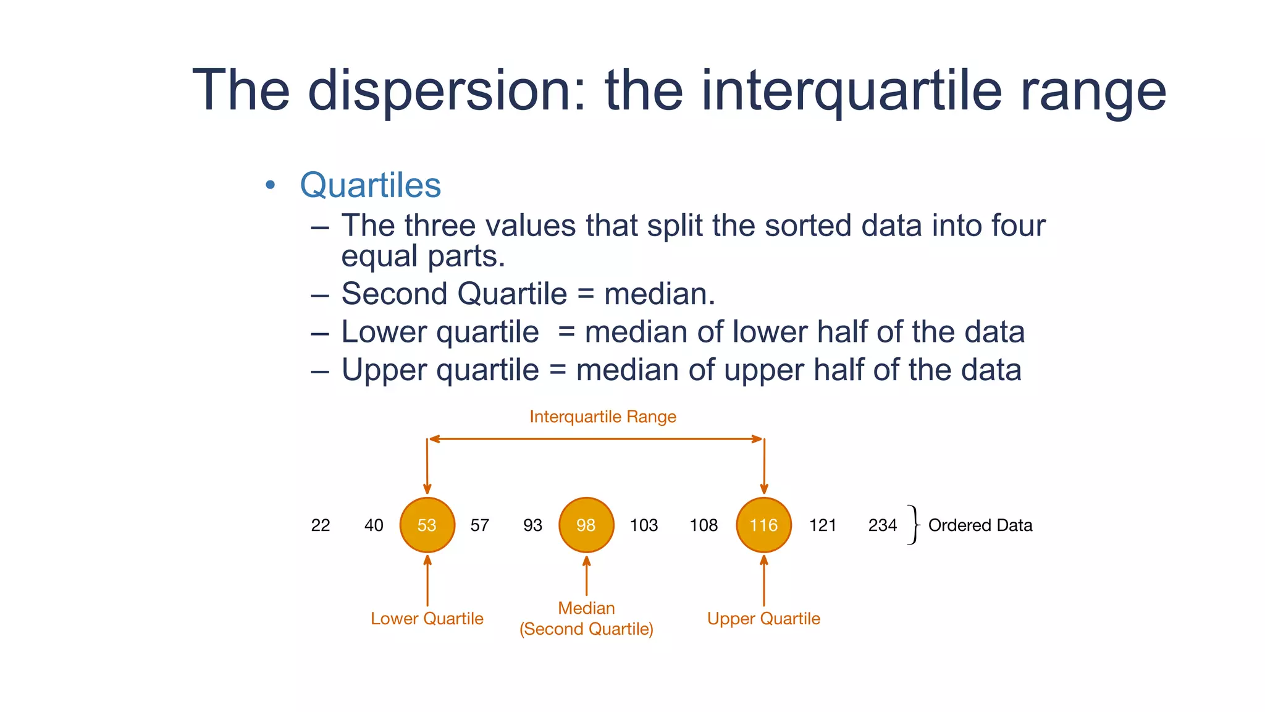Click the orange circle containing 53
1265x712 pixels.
pos(427,525)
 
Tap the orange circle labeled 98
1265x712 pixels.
pos(586,525)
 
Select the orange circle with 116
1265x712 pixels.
pos(763,525)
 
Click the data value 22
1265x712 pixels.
pos(320,525)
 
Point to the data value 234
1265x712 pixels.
pos(882,525)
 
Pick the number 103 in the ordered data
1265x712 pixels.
pos(644,525)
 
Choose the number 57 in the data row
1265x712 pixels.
pos(479,525)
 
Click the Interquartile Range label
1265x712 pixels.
pos(603,417)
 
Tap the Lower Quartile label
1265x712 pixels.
pos(427,619)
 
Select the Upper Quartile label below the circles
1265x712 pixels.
pos(763,619)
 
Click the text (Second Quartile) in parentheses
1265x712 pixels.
pos(586,629)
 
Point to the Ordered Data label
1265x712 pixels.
pos(980,525)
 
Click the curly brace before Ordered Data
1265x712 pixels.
pos(913,525)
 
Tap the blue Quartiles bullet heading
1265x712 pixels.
pos(370,185)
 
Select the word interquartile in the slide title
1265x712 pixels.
pos(851,91)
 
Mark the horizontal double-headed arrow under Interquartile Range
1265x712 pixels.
pos(596,439)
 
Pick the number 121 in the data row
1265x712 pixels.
pos(823,525)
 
